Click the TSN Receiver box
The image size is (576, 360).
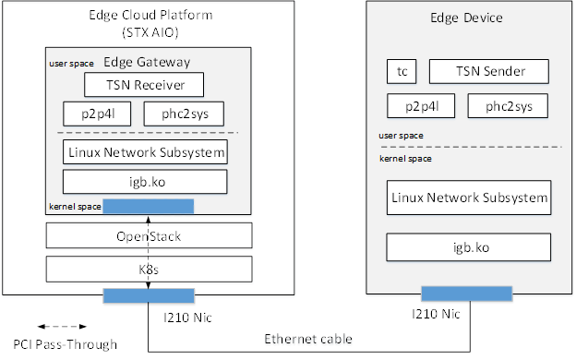pyautogui.click(x=146, y=86)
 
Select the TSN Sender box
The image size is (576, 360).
pyautogui.click(x=489, y=71)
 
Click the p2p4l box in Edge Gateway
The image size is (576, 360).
pyautogui.click(x=97, y=114)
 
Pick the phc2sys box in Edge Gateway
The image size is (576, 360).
pyautogui.click(x=185, y=114)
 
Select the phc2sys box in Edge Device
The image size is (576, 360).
pyautogui.click(x=503, y=106)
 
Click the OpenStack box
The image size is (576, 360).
pyautogui.click(x=148, y=236)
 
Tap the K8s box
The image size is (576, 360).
pyautogui.click(x=148, y=269)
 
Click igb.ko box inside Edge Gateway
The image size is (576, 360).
pyautogui.click(x=145, y=181)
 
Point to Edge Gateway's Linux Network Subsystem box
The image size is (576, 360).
pyautogui.click(x=145, y=151)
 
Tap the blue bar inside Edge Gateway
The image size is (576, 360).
pyautogui.click(x=148, y=205)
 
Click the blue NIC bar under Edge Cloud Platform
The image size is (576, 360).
pyautogui.click(x=148, y=294)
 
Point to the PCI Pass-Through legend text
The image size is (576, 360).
pyautogui.click(x=60, y=345)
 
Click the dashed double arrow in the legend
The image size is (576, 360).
pyautogui.click(x=61, y=326)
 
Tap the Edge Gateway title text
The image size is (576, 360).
pyautogui.click(x=147, y=62)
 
